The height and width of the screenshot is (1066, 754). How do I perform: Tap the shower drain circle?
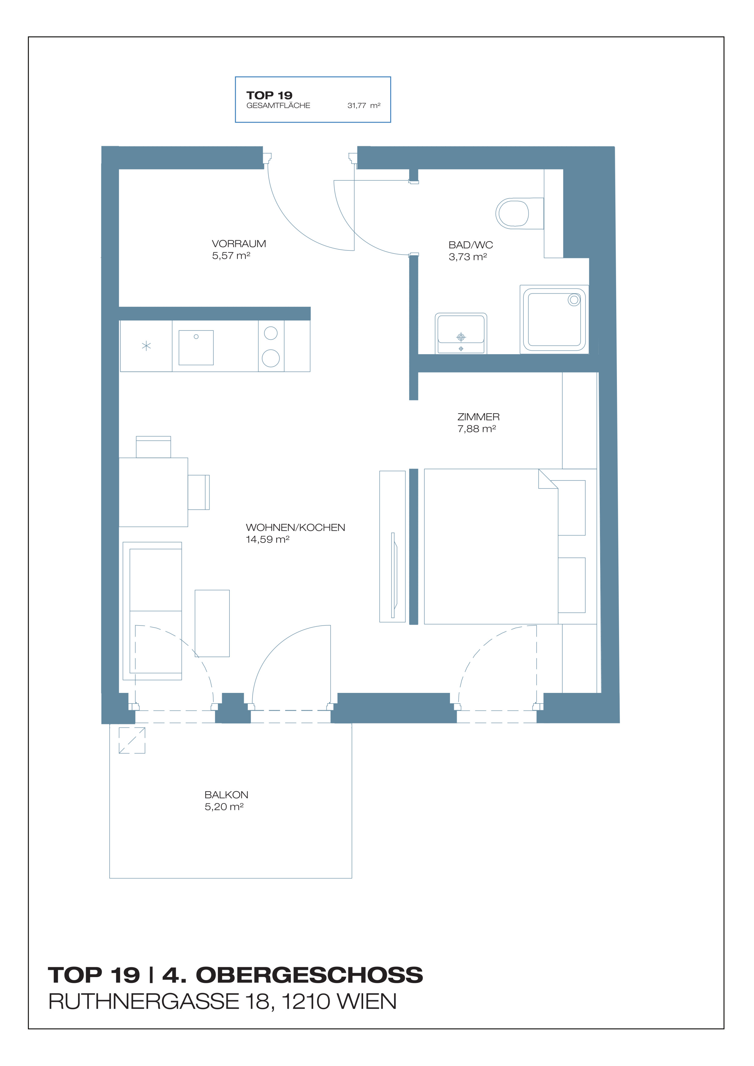pyautogui.click(x=574, y=300)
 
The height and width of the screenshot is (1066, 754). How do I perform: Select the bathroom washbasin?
pyautogui.click(x=461, y=334)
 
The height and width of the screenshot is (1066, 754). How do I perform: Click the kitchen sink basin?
pyautogui.click(x=196, y=347)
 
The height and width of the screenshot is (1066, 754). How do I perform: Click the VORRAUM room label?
pyautogui.click(x=239, y=244)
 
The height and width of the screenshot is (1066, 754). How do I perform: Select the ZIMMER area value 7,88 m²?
pyautogui.click(x=476, y=429)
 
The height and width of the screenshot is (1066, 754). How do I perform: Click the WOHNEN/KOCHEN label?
pyautogui.click(x=295, y=528)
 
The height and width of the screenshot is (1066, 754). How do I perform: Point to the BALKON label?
pyautogui.click(x=226, y=795)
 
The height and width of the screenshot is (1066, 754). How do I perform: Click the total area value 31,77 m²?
pyautogui.click(x=363, y=105)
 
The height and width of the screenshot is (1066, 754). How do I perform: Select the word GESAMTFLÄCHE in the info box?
pyautogui.click(x=278, y=105)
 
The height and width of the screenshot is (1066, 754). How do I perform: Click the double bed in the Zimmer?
pyautogui.click(x=491, y=546)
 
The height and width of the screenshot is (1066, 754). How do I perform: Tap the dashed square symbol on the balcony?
pyautogui.click(x=132, y=740)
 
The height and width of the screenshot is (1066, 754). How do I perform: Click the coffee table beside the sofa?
pyautogui.click(x=212, y=623)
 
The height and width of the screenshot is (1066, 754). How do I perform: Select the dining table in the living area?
pyautogui.click(x=153, y=492)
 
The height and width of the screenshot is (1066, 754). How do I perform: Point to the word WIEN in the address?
pyautogui.click(x=366, y=1002)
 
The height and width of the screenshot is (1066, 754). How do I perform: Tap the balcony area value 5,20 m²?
pyautogui.click(x=224, y=807)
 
